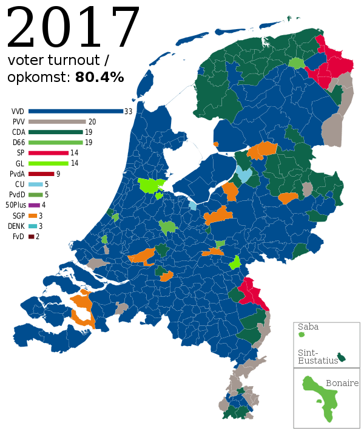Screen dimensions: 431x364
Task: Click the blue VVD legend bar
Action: coord(75,112)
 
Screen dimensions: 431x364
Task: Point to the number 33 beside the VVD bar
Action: coord(128,112)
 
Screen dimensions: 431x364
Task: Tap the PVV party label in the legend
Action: coord(17,122)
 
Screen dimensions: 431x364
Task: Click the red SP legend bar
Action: coord(48,153)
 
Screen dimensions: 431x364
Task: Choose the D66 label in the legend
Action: coord(18,143)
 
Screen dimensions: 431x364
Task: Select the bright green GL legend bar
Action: coord(48,163)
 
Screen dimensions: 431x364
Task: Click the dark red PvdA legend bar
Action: coord(41,174)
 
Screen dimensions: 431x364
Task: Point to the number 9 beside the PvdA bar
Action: coord(58,174)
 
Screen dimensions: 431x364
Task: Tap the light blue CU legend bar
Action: coord(35,184)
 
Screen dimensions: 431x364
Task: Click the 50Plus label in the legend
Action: coord(15,205)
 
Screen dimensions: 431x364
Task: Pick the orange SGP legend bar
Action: coord(32,215)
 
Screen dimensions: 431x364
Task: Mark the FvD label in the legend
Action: coord(18,236)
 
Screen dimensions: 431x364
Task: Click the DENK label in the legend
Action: coord(16,226)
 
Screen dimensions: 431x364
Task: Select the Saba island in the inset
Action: coord(300,334)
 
